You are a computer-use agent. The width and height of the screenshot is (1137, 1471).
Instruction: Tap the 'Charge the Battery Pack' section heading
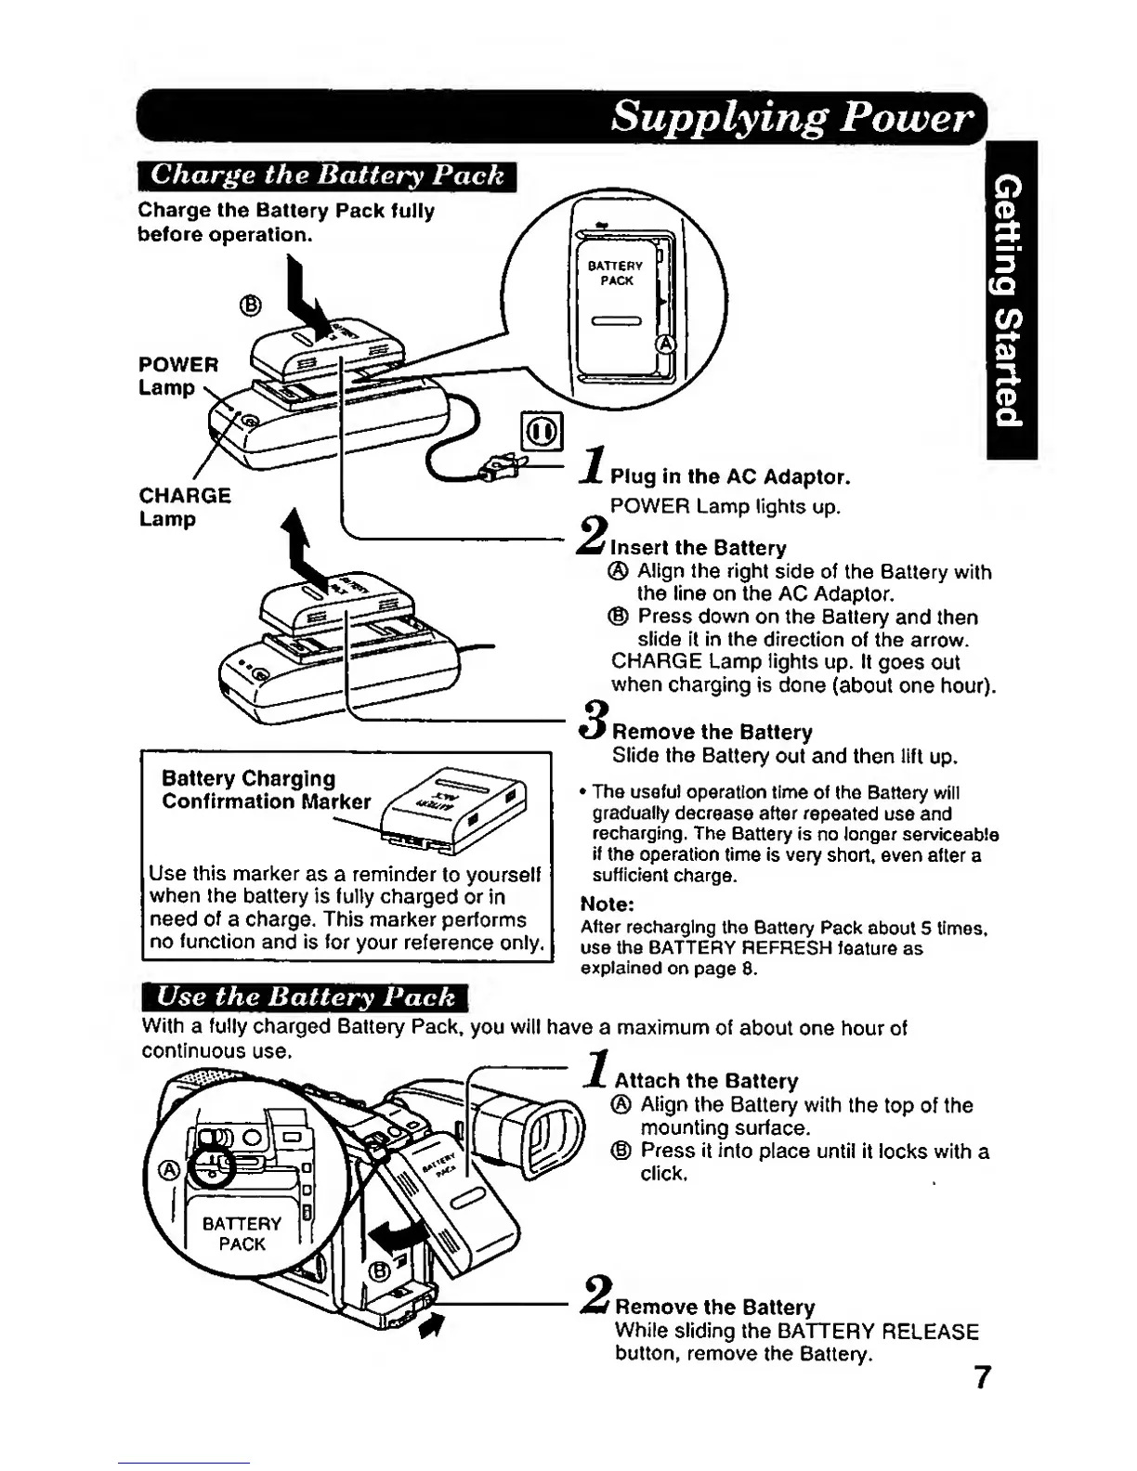click(326, 175)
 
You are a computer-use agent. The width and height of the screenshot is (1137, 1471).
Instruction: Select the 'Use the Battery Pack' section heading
click(306, 997)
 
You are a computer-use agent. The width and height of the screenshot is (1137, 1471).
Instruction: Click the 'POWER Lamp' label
click(178, 375)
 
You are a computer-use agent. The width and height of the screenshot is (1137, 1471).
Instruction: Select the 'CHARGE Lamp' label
click(185, 507)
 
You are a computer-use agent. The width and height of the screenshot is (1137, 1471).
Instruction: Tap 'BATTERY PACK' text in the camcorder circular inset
click(242, 1234)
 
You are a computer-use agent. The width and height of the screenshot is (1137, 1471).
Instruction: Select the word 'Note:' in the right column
click(607, 904)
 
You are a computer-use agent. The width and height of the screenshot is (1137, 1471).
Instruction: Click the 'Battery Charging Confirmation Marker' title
click(266, 790)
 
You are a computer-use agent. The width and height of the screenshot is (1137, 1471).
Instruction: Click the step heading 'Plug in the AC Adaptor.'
click(730, 477)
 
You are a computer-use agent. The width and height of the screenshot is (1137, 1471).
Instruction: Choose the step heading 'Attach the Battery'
click(706, 1081)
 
